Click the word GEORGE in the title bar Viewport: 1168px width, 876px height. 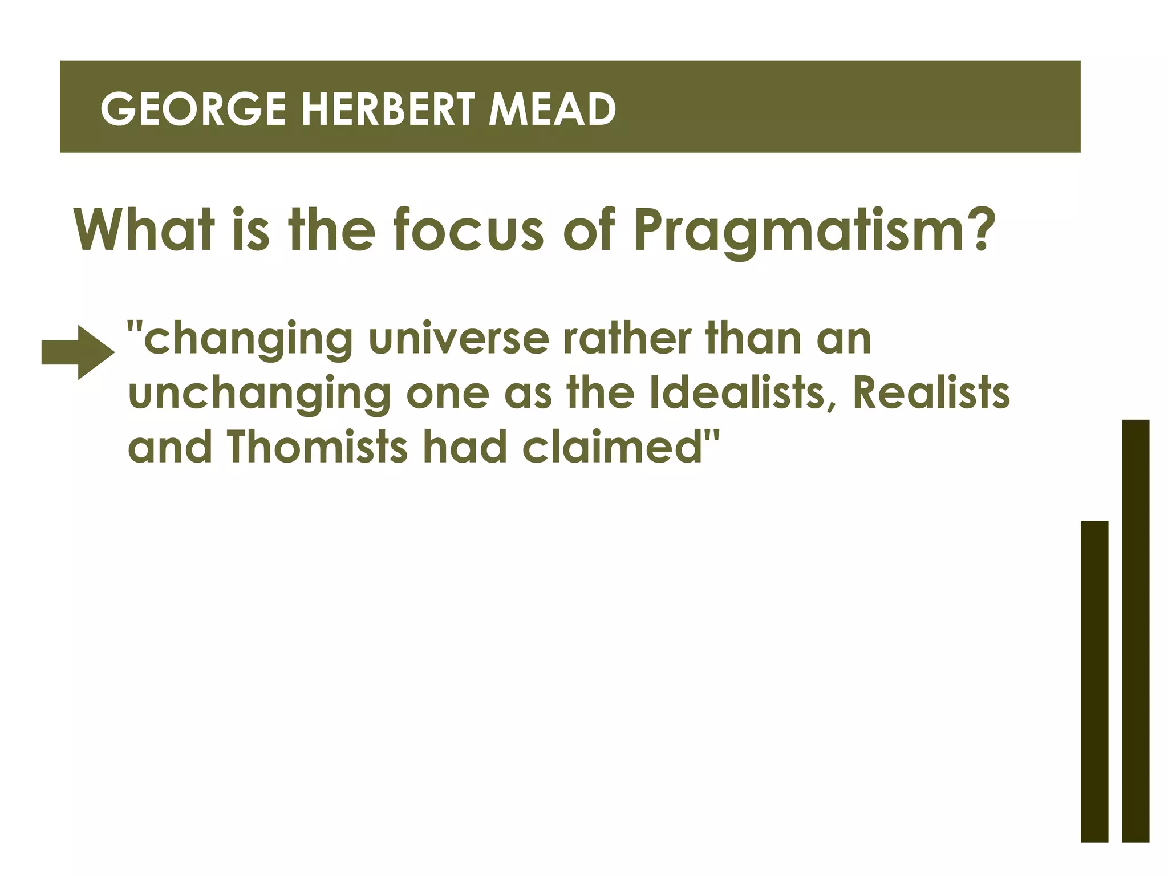pos(193,109)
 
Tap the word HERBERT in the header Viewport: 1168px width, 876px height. pos(387,109)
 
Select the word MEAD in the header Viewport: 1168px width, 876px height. pos(552,109)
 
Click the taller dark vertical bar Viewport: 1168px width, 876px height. pos(1135,630)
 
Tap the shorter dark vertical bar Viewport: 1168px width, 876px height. pos(1094,681)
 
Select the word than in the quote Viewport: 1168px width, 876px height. pos(752,339)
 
